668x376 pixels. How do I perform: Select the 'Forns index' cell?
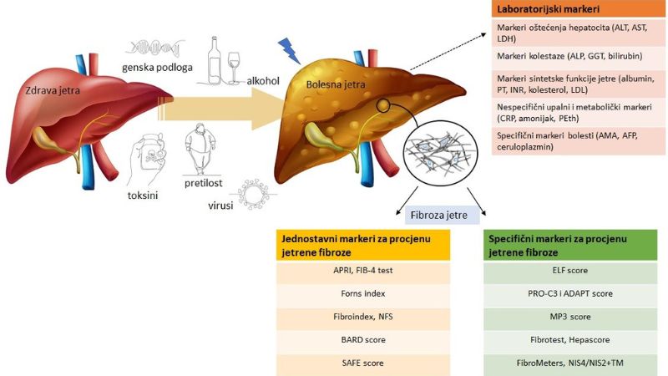[365, 293]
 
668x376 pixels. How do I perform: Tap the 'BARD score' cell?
[365, 340]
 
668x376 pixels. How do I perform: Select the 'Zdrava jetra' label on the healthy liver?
[52, 92]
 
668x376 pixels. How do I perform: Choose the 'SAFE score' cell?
[365, 363]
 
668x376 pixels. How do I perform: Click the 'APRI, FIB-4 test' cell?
[365, 271]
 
